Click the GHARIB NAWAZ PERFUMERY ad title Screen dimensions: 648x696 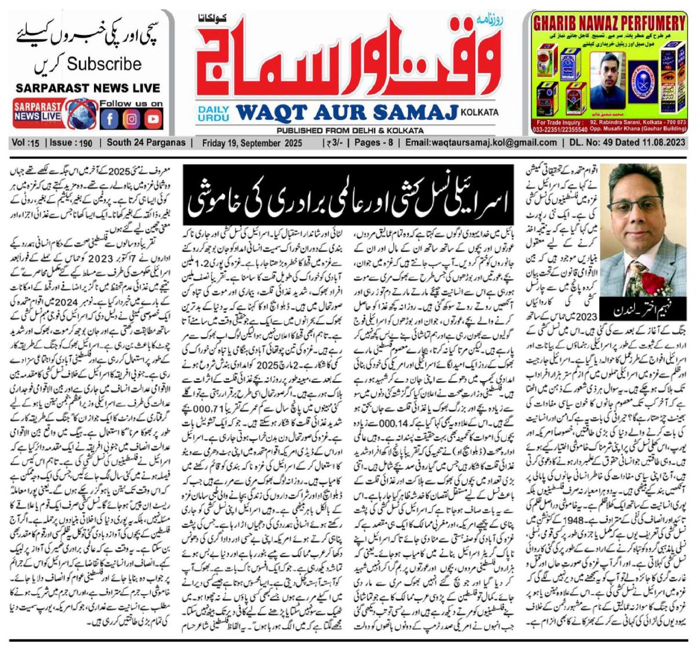[x=609, y=24]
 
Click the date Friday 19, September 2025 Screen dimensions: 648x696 [x=252, y=143]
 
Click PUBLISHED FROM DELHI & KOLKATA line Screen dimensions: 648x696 [x=350, y=131]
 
